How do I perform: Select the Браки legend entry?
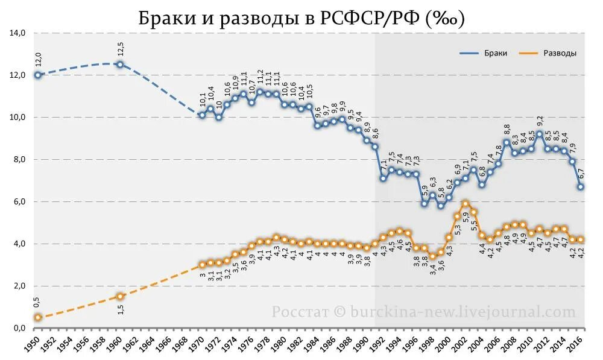(x=495, y=53)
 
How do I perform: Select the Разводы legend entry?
(x=559, y=53)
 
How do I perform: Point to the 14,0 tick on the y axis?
(x=17, y=33)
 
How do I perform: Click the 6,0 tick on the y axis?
(x=17, y=202)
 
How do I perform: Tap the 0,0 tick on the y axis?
(x=17, y=328)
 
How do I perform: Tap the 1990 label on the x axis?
(x=367, y=344)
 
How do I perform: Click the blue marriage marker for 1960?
(x=120, y=65)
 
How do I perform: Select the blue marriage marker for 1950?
(x=38, y=75)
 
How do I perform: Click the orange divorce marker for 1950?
(x=38, y=317)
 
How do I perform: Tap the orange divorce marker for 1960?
(x=120, y=296)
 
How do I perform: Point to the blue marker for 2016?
(x=580, y=187)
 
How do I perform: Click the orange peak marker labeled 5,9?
(x=465, y=204)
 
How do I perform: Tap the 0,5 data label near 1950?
(x=37, y=302)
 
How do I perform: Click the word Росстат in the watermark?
(x=300, y=312)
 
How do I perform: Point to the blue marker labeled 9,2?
(x=539, y=134)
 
